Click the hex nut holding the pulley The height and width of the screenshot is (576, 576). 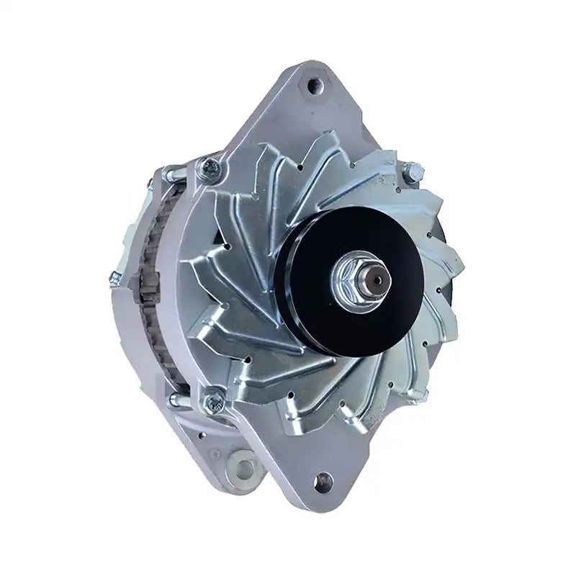(348, 278)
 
